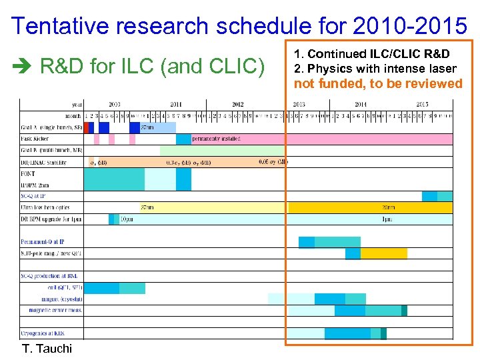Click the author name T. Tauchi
click(47, 349)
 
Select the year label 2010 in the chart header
click(115, 105)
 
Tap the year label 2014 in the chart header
click(360, 105)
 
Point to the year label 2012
click(237, 105)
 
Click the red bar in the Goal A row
click(86, 127)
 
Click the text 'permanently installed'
click(216, 139)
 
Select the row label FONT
click(28, 173)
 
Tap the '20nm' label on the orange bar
click(389, 207)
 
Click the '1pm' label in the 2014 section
click(387, 219)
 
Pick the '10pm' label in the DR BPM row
click(125, 219)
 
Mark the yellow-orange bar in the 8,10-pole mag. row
click(379, 253)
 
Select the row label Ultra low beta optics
click(45, 207)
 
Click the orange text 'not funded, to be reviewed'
click(378, 83)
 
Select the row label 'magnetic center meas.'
click(52, 310)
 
